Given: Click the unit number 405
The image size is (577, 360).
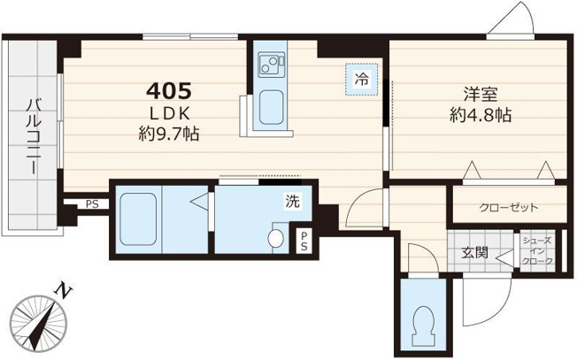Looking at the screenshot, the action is [169, 91].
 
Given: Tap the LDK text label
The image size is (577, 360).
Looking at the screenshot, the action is [170, 114].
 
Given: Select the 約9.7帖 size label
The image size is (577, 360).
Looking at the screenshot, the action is [169, 134].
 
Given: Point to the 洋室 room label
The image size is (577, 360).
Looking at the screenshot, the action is [481, 95].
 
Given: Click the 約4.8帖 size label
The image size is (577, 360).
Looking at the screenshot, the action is [481, 115].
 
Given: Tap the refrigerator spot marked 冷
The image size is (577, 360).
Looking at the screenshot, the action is [361, 80].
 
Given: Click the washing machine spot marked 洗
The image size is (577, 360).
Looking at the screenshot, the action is [293, 201].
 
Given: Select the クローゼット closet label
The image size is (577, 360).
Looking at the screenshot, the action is [509, 208].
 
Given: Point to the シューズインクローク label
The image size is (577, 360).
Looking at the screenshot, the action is [538, 251].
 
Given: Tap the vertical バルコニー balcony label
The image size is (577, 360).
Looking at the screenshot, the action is [33, 136].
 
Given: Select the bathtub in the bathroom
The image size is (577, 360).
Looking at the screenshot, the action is [138, 219].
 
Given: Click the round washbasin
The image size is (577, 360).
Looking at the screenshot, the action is [275, 239].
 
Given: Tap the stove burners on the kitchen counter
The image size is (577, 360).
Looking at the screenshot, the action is [271, 64].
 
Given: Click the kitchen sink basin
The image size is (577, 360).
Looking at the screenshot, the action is [271, 107].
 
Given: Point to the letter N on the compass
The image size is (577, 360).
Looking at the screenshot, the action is [64, 291].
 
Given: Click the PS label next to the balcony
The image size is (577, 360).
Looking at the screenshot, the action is [92, 204].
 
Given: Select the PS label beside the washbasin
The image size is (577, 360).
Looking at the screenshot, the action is [304, 240].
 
